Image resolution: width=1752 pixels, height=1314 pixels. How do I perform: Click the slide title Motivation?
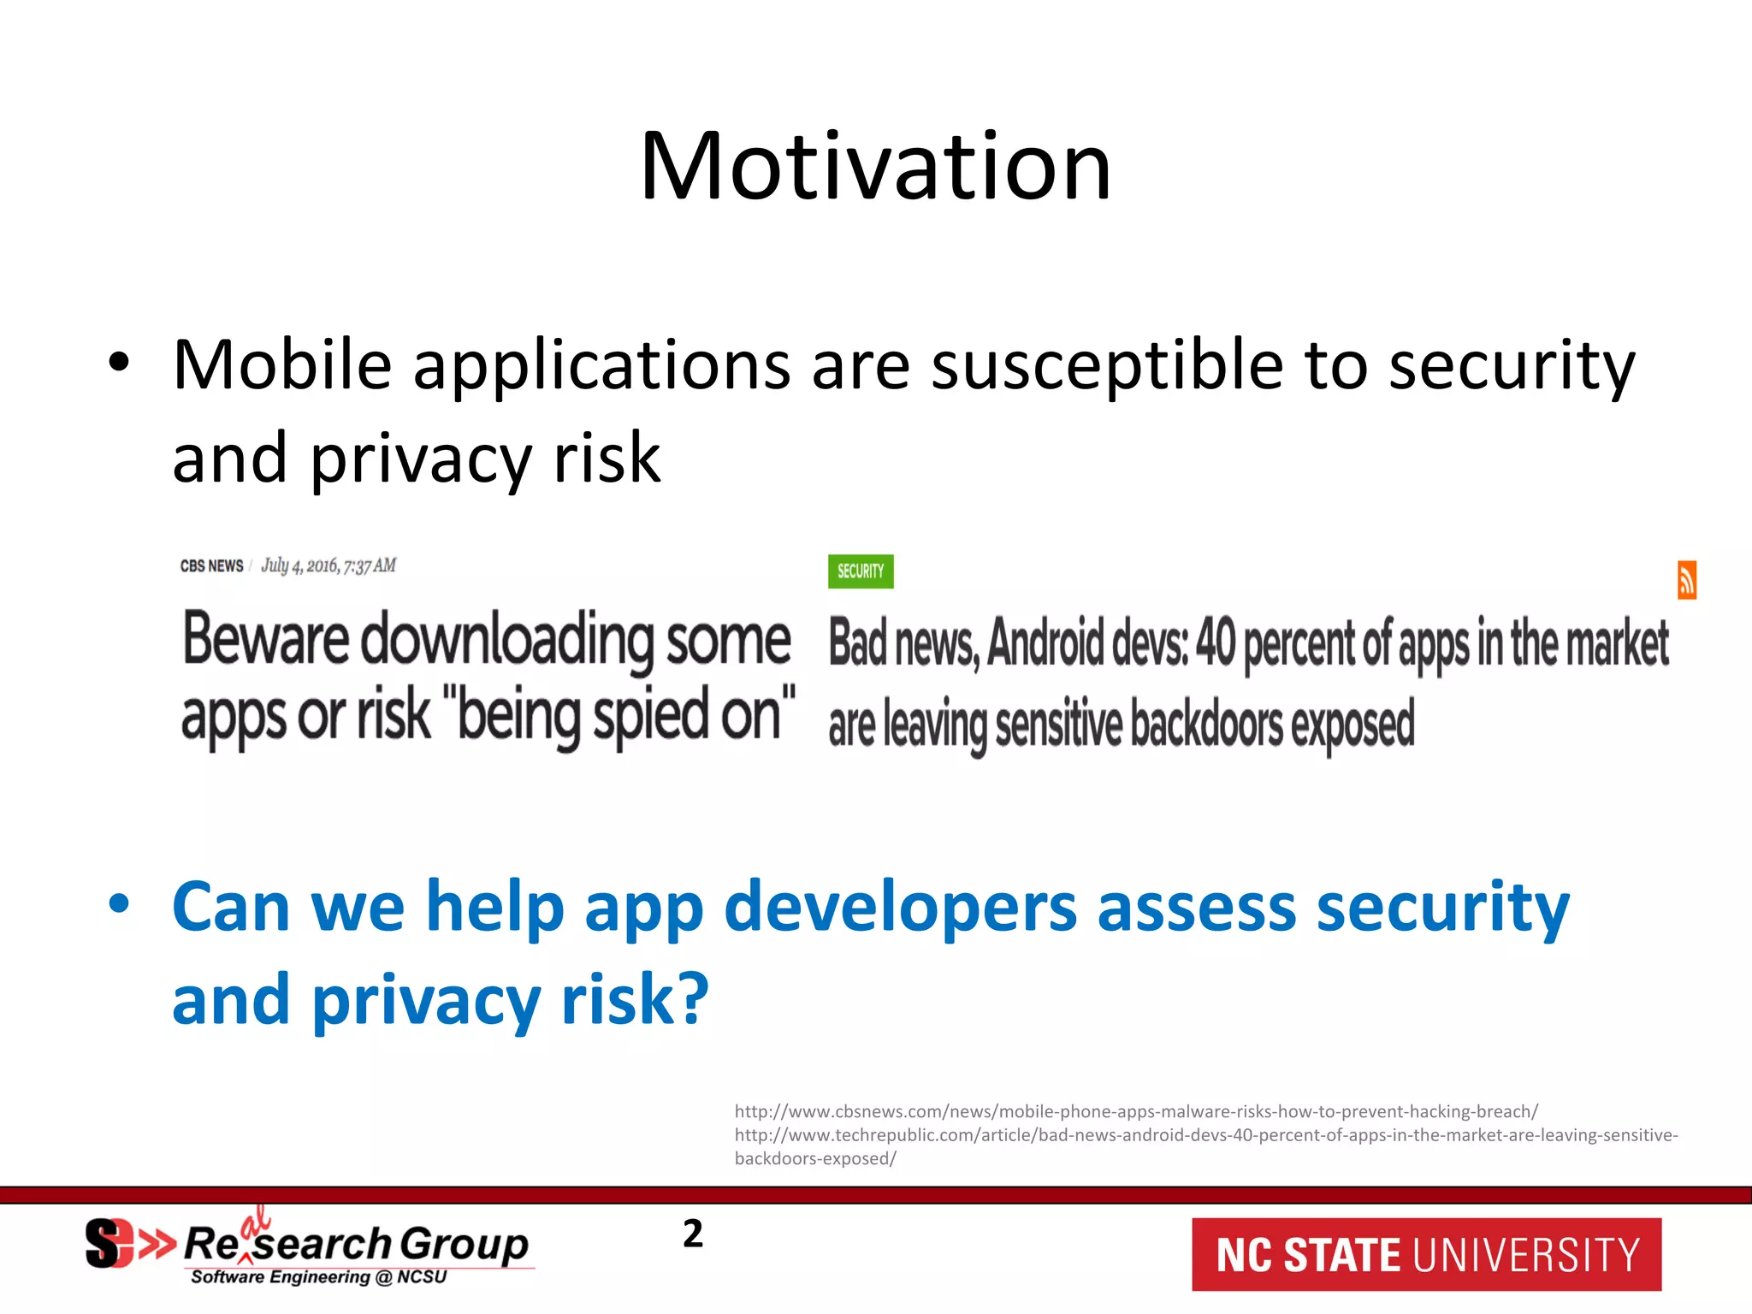click(875, 166)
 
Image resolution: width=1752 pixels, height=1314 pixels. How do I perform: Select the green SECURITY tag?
click(860, 571)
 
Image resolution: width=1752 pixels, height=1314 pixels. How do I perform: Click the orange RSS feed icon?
click(1686, 581)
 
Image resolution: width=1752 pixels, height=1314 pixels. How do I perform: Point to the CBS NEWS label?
click(211, 566)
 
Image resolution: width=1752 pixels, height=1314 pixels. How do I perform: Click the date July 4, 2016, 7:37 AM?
click(328, 565)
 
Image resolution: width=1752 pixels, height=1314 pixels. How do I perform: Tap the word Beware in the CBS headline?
click(265, 639)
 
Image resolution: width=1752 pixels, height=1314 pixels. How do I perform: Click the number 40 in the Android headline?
click(1215, 643)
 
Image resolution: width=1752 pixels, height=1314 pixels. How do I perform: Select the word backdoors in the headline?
click(1205, 724)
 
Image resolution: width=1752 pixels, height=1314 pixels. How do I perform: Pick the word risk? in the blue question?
click(635, 999)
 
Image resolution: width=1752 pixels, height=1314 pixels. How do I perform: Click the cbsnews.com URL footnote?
click(1135, 1111)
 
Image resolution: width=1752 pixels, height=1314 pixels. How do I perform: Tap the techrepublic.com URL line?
click(1205, 1135)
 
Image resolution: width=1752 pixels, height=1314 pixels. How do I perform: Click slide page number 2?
click(692, 1234)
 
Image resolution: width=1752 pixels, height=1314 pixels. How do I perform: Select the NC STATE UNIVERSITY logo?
click(1426, 1255)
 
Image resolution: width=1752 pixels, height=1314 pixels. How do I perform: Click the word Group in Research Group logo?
click(465, 1243)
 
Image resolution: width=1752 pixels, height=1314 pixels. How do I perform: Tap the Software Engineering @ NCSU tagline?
click(318, 1277)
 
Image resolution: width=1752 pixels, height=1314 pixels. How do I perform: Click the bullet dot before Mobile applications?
click(119, 363)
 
